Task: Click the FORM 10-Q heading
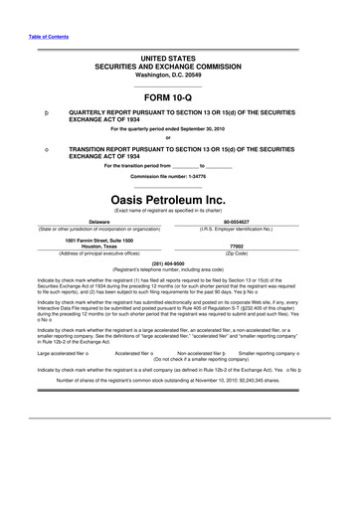coord(179,98)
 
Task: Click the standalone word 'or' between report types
coord(179,137)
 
